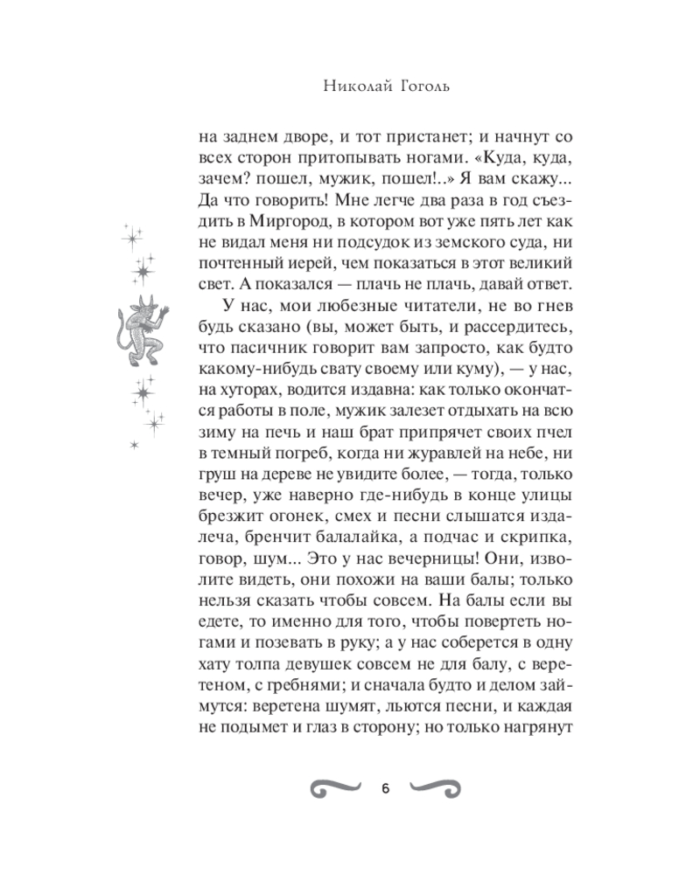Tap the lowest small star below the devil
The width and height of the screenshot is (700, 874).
[134, 447]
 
